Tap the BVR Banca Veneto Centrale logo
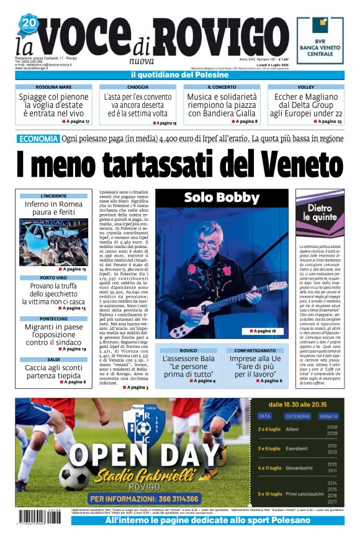[x=320, y=41]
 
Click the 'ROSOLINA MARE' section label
[x=53, y=87]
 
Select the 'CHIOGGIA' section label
[x=137, y=87]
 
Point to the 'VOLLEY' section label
[x=306, y=87]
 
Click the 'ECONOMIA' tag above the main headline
[x=38, y=139]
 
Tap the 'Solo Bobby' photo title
[x=221, y=198]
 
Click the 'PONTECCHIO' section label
[x=53, y=318]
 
